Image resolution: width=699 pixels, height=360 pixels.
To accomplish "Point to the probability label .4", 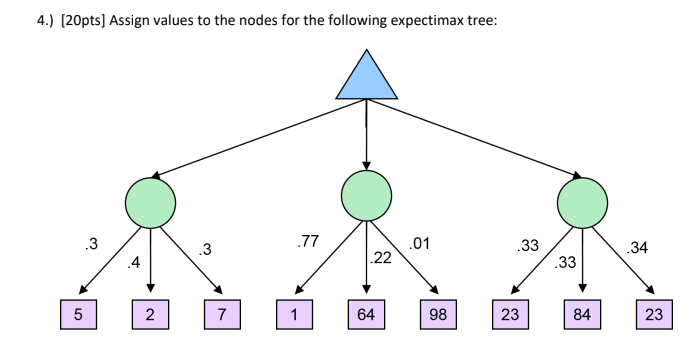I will (x=133, y=264).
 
